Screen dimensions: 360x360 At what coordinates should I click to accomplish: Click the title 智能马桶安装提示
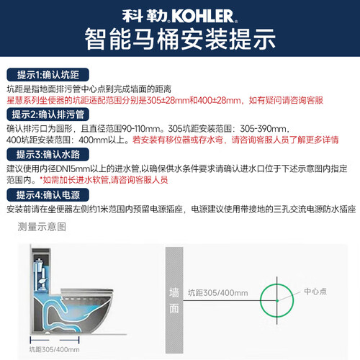tap(180, 39)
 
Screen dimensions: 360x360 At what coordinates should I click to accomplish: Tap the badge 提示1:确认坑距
tap(48, 75)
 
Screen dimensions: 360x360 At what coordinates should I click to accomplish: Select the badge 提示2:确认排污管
tap(48, 114)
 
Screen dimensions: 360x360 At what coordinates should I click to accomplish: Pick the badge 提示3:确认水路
tap(48, 154)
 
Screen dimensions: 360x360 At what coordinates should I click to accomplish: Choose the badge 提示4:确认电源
tap(48, 195)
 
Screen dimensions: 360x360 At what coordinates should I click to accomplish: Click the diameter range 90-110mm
tap(141, 129)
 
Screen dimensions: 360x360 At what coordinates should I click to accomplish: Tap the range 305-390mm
tap(263, 129)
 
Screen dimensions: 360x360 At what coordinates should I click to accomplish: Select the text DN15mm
tap(70, 168)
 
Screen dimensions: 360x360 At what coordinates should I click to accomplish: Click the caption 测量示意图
tap(42, 227)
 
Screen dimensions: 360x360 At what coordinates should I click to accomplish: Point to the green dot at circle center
tap(277, 300)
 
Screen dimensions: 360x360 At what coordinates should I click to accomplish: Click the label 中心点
tap(315, 292)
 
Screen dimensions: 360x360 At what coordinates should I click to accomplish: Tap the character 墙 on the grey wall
tap(174, 293)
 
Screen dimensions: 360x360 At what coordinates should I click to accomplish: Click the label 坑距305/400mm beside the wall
tap(217, 293)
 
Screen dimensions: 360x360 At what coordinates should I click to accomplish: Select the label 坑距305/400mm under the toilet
tap(54, 349)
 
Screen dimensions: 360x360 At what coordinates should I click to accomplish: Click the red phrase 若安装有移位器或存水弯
tap(178, 140)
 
